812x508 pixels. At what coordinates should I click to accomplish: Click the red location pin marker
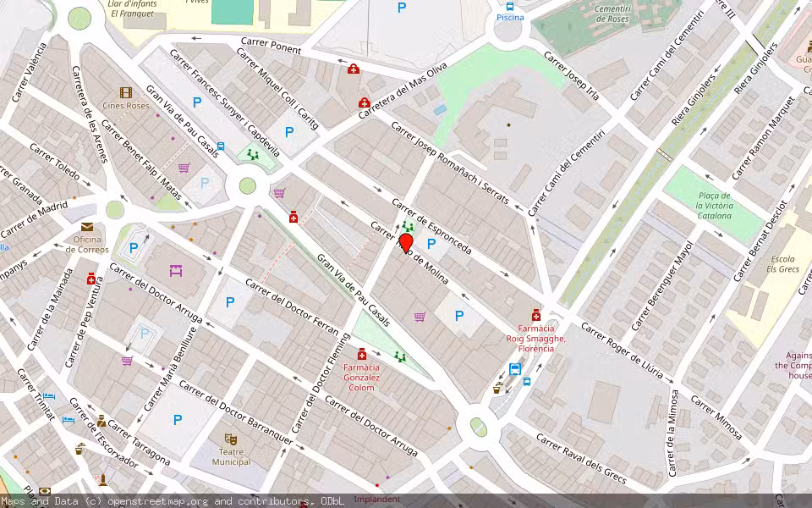tap(406, 244)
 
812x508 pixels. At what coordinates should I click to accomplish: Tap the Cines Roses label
tap(126, 106)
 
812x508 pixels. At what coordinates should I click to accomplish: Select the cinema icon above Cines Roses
tap(126, 92)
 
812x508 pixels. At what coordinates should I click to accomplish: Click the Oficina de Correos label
tap(87, 244)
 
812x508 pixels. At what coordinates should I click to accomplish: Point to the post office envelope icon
tap(87, 226)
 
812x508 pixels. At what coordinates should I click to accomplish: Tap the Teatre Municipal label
tap(231, 456)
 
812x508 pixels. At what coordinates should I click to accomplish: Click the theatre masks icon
tap(230, 439)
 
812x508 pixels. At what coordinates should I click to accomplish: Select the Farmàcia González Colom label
tap(361, 378)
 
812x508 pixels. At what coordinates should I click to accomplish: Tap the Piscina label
tap(510, 17)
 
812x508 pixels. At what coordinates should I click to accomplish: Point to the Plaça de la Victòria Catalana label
tap(713, 206)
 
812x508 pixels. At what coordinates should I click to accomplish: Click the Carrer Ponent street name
tap(271, 46)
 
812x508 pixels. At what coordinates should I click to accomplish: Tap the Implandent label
tap(376, 500)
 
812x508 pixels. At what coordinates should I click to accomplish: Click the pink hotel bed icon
tap(176, 271)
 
